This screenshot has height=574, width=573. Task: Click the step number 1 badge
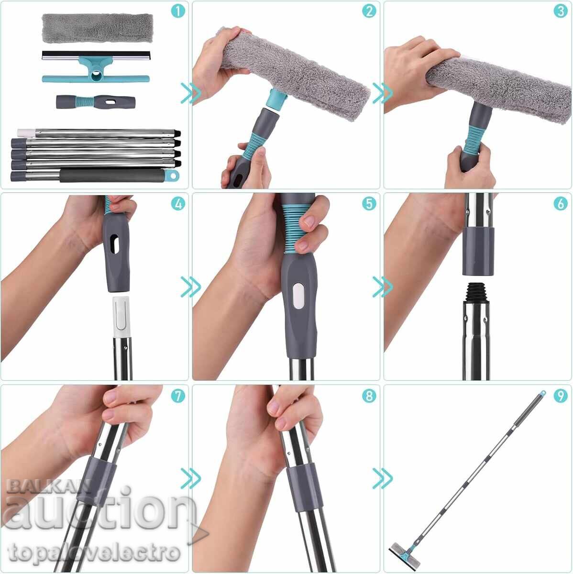(178, 11)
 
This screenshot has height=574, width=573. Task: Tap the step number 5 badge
(369, 204)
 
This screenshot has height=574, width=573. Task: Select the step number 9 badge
(561, 396)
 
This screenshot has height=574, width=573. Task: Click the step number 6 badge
(561, 204)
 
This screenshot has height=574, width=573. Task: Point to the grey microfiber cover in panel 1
(98, 28)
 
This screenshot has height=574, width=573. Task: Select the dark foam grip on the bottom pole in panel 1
(112, 176)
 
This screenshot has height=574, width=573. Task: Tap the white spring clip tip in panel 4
(122, 317)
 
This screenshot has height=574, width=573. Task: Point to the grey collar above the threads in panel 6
(478, 251)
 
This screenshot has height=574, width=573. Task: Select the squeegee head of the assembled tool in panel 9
(404, 554)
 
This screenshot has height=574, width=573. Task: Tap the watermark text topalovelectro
(94, 552)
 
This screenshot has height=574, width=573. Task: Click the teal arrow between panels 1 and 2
(191, 93)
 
